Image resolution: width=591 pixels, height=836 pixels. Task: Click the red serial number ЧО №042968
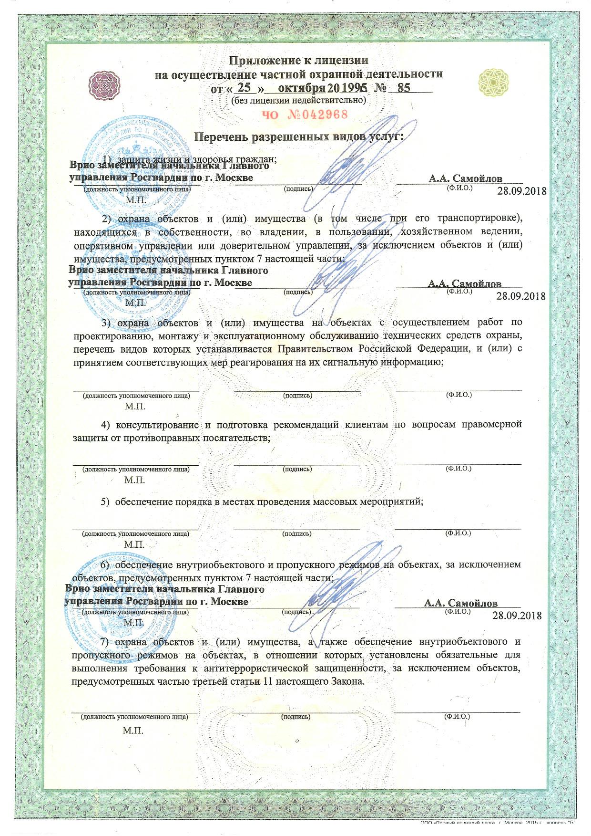tap(305, 115)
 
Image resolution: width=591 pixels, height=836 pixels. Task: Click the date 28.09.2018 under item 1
tap(521, 191)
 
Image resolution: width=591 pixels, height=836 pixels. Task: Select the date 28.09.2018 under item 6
tap(517, 615)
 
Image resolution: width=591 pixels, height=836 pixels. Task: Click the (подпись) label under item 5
tap(297, 533)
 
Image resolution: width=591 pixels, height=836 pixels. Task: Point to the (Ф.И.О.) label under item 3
tap(459, 395)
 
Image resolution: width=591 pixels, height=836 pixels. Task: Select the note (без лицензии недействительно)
tap(298, 101)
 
